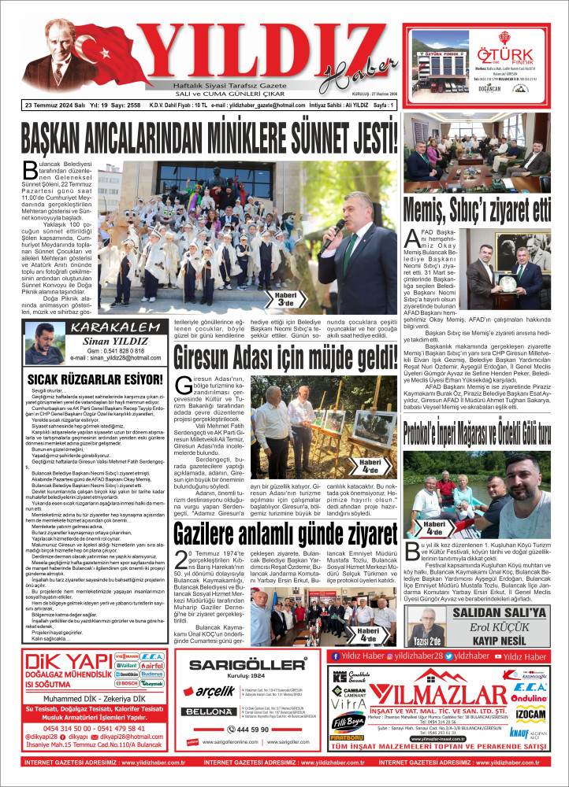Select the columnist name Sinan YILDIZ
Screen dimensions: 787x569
click(108, 342)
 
